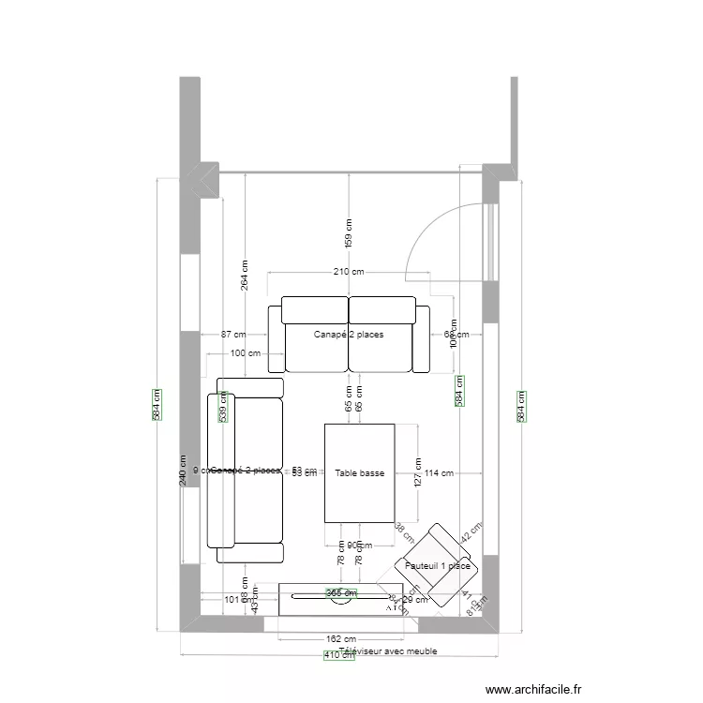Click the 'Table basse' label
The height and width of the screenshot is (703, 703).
pyautogui.click(x=359, y=473)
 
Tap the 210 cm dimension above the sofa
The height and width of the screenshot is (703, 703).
pyautogui.click(x=349, y=272)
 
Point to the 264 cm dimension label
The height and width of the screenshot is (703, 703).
pyautogui.click(x=245, y=275)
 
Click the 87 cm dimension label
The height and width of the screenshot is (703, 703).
pyautogui.click(x=233, y=335)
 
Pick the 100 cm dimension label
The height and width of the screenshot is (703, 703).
pyautogui.click(x=245, y=353)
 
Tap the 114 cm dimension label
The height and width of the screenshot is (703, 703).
pyautogui.click(x=438, y=473)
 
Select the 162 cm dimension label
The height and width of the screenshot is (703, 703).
pyautogui.click(x=339, y=639)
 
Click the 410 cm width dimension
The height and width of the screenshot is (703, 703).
pyautogui.click(x=339, y=656)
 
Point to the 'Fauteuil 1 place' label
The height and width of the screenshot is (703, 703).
pyautogui.click(x=438, y=565)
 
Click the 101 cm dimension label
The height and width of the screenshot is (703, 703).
pyautogui.click(x=233, y=600)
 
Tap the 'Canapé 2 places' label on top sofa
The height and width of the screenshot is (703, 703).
pyautogui.click(x=349, y=334)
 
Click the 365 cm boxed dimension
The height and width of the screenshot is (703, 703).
pyautogui.click(x=341, y=592)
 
